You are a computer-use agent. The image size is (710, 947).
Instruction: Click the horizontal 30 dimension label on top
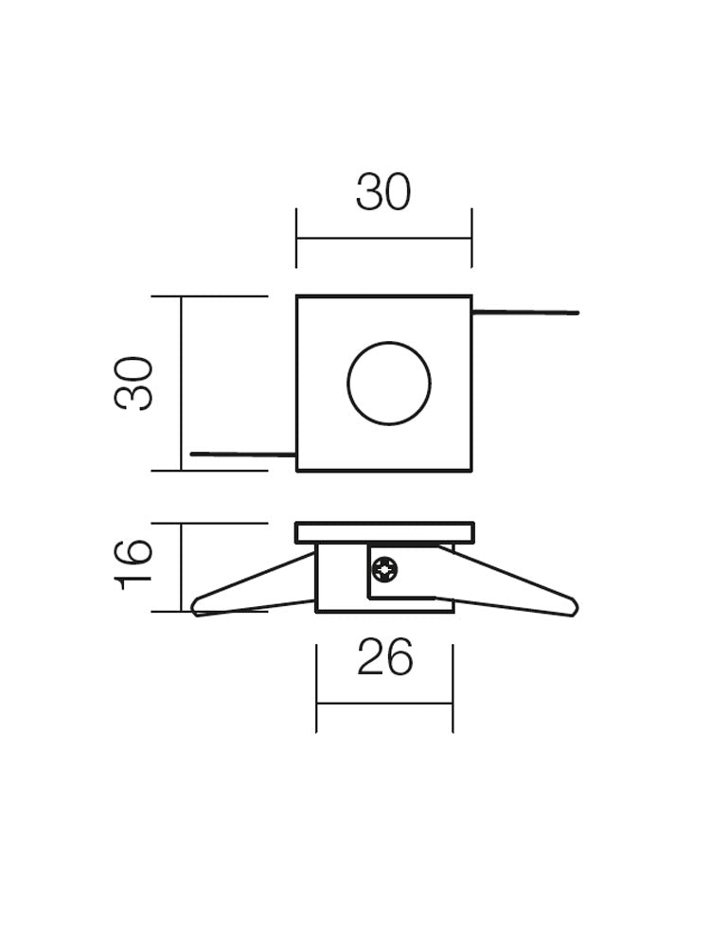coord(383,192)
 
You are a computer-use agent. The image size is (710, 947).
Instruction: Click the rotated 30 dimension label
coord(134,383)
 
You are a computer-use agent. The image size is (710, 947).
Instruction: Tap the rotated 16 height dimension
coord(134,564)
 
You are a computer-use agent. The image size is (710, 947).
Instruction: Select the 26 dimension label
coord(384,657)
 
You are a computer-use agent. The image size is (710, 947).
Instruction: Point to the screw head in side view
coord(385,570)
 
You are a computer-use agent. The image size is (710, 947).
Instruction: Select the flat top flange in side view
coord(383,532)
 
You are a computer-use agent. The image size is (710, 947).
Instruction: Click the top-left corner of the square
coord(297,297)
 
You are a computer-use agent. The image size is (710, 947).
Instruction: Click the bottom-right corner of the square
coord(470,470)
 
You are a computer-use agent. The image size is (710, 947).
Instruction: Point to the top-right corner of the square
coord(470,297)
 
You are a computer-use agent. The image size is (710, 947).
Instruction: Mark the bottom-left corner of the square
coord(297,470)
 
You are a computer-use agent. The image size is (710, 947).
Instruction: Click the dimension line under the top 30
coord(383,238)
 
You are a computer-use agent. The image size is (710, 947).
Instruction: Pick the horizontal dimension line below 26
coord(384,704)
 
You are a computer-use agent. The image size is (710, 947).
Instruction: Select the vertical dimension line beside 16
coord(181,566)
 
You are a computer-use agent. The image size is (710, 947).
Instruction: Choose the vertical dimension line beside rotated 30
coord(181,383)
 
